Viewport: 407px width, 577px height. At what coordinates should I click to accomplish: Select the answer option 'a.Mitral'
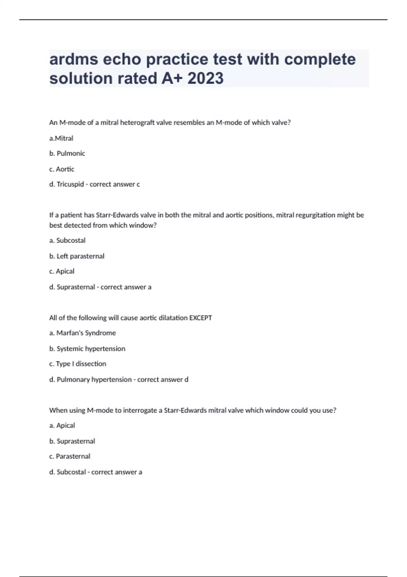(61, 138)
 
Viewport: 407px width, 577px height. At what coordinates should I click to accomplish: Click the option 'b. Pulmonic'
(67, 153)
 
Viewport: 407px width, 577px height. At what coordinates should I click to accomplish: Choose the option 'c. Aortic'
(62, 169)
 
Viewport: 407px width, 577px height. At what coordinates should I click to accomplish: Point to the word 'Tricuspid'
(70, 184)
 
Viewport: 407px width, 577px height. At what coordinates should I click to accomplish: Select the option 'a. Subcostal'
(67, 240)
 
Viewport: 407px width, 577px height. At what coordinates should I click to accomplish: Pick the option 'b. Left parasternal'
(77, 256)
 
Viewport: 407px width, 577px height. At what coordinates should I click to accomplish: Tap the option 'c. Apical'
(62, 271)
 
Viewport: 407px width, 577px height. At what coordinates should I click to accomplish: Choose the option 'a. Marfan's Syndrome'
(82, 333)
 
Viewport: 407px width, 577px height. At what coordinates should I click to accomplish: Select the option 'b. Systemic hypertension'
(87, 349)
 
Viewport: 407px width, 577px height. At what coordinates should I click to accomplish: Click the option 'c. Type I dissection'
(78, 364)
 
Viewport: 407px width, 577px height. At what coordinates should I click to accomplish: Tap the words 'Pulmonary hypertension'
(94, 379)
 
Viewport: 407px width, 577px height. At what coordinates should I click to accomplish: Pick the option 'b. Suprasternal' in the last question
(72, 441)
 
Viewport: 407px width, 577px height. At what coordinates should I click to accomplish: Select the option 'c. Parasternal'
(70, 456)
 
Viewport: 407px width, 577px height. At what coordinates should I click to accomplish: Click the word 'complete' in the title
(320, 59)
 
